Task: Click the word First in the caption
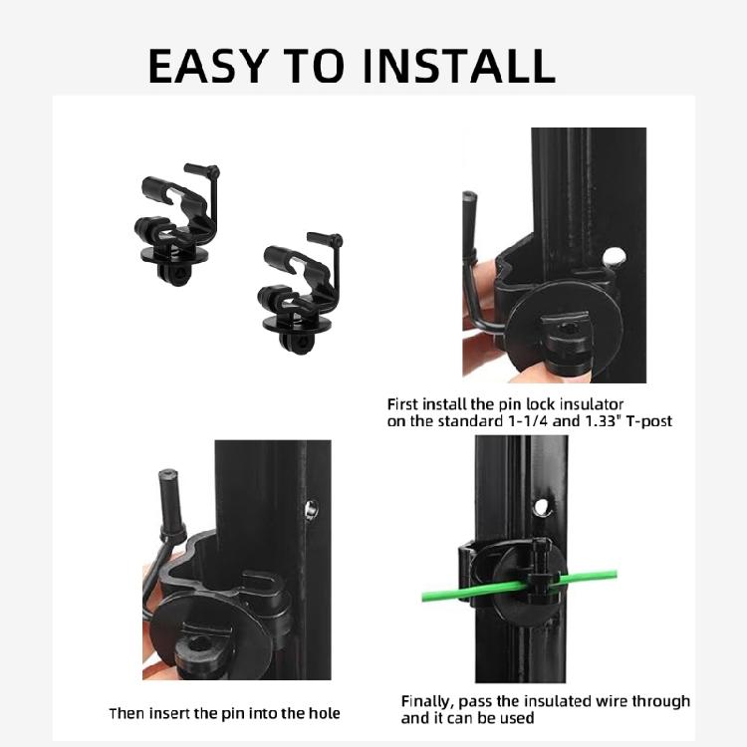(403, 404)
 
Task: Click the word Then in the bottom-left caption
(127, 713)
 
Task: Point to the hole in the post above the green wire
(541, 507)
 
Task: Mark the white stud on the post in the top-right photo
(617, 257)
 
